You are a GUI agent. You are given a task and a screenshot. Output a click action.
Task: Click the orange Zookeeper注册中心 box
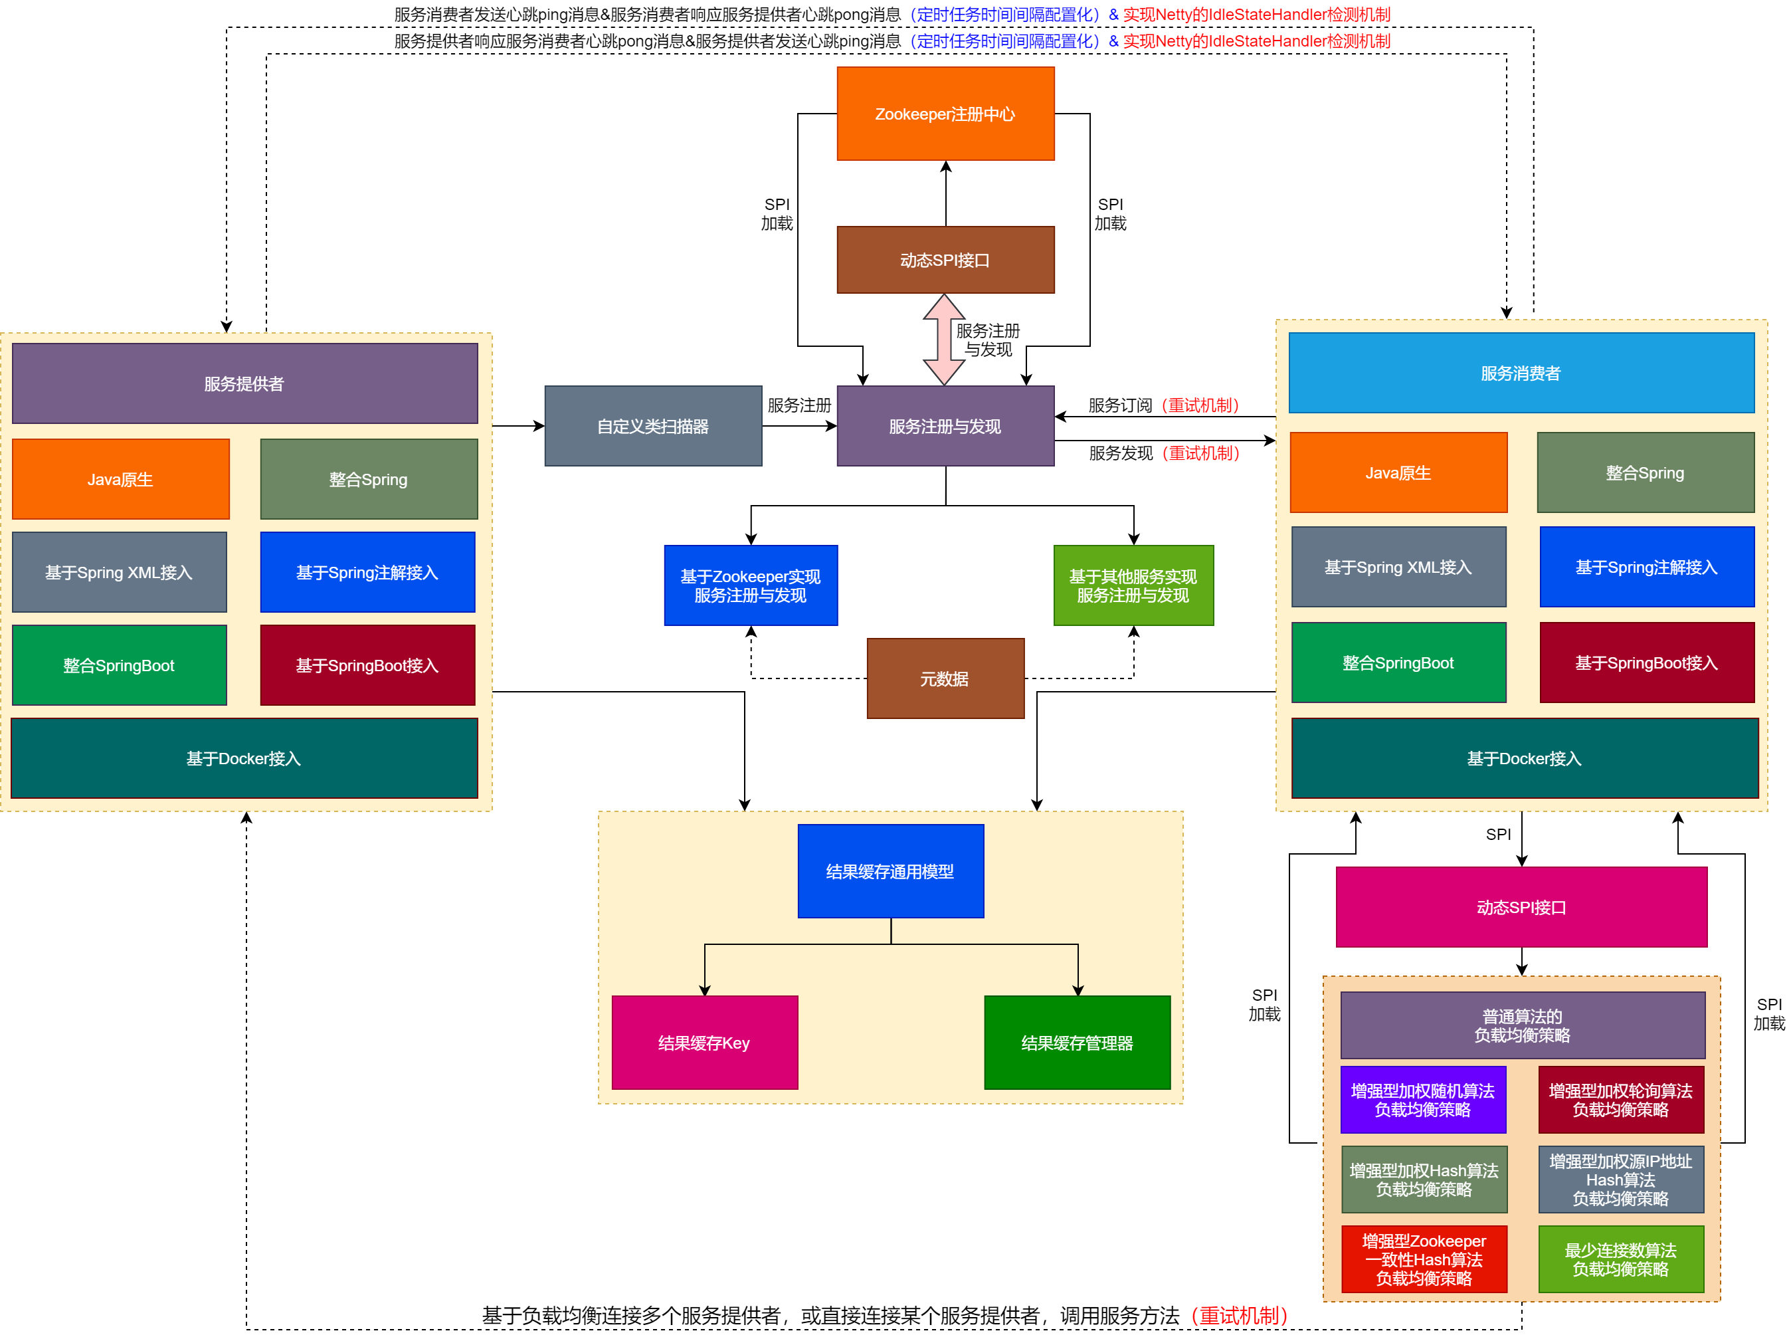tap(945, 114)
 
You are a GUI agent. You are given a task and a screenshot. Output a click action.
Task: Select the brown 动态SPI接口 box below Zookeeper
tap(945, 260)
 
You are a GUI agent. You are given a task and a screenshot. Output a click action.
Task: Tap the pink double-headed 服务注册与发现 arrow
tap(943, 340)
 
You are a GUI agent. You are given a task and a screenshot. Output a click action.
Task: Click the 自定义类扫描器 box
tap(652, 426)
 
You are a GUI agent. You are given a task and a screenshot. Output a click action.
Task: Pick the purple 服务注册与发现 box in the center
tap(945, 426)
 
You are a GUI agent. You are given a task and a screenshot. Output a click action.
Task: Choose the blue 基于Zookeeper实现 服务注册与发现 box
tap(751, 585)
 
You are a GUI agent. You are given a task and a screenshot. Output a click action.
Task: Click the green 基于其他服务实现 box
tap(1133, 585)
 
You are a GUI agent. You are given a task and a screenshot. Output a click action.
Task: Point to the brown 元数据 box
tap(945, 678)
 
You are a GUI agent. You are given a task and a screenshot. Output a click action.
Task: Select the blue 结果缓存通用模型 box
tap(890, 871)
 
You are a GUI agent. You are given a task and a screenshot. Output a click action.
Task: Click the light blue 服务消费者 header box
tap(1521, 373)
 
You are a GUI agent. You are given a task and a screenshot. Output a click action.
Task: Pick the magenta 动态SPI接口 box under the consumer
tap(1521, 907)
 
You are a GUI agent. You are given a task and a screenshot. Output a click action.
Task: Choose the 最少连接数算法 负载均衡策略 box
tap(1620, 1259)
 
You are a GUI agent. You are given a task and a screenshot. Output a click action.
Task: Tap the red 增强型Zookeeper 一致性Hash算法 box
tap(1424, 1259)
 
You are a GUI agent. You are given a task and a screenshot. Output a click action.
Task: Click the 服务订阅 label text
tap(1120, 405)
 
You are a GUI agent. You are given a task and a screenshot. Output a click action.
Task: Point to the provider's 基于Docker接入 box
tap(244, 758)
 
